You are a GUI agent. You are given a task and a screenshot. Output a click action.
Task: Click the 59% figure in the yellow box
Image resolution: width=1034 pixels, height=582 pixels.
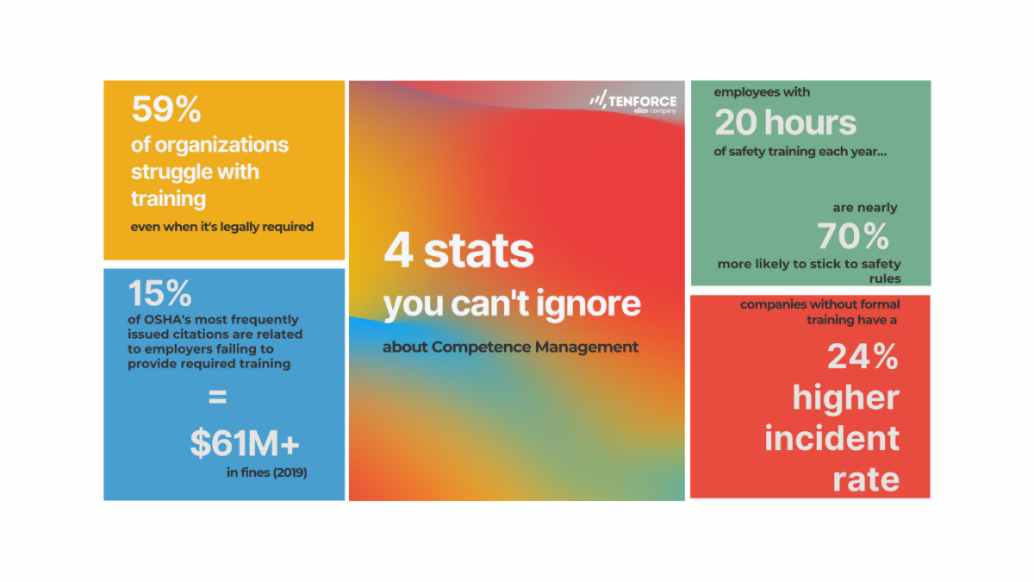[x=166, y=110]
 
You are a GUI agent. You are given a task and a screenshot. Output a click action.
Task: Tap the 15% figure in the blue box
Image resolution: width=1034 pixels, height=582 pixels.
[x=160, y=295]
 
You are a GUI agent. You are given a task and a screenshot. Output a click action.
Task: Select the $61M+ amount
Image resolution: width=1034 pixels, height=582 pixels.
[x=245, y=443]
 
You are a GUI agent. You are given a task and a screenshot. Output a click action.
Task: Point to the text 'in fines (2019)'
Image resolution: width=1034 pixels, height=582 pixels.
[x=266, y=472]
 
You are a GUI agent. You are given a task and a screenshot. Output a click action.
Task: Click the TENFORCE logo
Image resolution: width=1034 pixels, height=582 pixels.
[x=633, y=102]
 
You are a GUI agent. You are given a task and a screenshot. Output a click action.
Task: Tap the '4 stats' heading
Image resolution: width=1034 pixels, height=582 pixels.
[x=458, y=252]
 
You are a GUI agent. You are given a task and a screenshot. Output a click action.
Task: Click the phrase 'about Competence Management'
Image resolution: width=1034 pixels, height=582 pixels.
[x=510, y=347]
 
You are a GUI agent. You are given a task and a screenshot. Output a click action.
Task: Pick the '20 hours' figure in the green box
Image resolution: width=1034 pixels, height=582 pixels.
[x=785, y=123]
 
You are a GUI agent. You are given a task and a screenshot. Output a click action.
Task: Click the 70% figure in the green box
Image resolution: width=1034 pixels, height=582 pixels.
[x=853, y=235]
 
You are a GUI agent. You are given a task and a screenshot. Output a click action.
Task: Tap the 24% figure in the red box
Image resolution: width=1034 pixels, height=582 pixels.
[x=863, y=356]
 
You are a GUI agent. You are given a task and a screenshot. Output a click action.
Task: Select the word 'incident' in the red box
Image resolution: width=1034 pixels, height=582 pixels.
[x=832, y=438]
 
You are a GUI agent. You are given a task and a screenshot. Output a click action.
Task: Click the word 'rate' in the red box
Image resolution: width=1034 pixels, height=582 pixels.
[x=865, y=479]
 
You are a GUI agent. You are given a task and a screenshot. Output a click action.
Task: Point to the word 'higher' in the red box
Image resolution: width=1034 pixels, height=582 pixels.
[x=845, y=397]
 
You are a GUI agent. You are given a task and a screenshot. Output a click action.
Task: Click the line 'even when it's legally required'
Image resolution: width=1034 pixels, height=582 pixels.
[x=222, y=227]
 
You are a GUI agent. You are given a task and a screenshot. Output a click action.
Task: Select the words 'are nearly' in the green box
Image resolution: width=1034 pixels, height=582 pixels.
[x=864, y=208]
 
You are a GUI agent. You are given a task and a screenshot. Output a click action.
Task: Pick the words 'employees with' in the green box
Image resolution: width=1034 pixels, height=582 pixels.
[x=762, y=92]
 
